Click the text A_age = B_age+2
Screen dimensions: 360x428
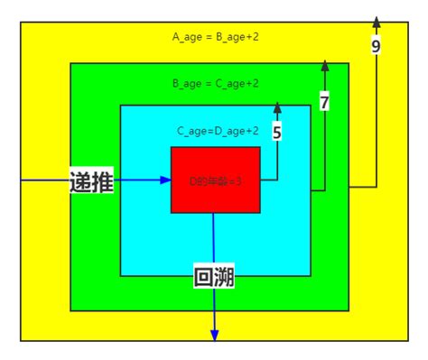(x=216, y=37)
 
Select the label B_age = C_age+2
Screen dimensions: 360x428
(x=216, y=83)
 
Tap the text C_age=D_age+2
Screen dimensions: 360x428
(x=218, y=131)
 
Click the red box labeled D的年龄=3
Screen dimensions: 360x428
(x=215, y=180)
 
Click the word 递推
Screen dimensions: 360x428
(x=91, y=180)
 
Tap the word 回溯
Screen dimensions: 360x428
(x=215, y=277)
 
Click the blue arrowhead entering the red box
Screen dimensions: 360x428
(x=165, y=180)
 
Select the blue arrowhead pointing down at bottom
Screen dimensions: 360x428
(x=215, y=336)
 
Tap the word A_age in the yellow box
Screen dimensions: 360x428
(x=188, y=37)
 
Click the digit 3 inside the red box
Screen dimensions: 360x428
(x=238, y=180)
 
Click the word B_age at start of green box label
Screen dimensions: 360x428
(x=187, y=83)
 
